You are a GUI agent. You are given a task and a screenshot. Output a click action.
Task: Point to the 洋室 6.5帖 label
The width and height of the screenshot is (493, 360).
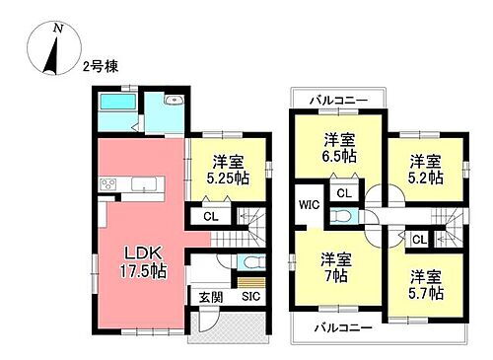pos(337,147)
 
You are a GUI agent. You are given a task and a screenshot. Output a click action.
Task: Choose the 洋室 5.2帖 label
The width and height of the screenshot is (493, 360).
pos(425,168)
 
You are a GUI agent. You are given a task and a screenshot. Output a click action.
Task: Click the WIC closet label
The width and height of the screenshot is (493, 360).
pos(307,205)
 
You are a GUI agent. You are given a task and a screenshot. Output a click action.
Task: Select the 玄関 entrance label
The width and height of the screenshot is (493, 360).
pos(200,296)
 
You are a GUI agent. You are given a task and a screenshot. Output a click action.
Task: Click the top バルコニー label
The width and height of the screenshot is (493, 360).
pos(337,101)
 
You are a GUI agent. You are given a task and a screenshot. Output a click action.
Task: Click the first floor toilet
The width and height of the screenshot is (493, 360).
pos(250,264)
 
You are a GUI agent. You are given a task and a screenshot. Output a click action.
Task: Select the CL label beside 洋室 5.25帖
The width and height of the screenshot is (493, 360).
pos(210,217)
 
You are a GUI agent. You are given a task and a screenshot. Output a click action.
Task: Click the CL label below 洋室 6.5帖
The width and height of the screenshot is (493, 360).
pos(343,192)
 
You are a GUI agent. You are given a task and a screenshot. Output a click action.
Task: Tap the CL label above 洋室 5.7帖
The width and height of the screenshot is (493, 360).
pos(418,240)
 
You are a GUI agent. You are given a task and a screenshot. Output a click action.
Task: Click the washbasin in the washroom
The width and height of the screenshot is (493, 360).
pos(174,102)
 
